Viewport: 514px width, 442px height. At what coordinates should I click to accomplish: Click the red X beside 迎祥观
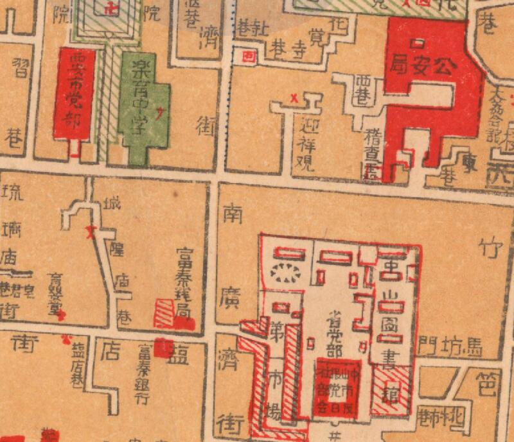point(294,98)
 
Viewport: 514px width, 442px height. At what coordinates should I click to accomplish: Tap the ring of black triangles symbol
point(287,273)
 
